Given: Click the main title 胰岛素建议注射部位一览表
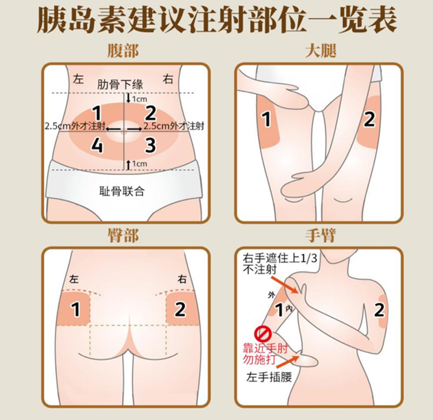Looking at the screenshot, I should click(x=216, y=21).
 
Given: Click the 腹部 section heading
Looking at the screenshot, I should click(x=123, y=52).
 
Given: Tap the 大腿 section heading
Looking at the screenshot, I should click(x=320, y=52).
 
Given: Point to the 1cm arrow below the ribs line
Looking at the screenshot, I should click(x=128, y=98).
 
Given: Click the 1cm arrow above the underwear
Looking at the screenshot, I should click(x=128, y=163).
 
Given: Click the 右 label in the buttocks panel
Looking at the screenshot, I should click(x=182, y=279).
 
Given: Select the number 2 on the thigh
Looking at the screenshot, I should click(x=369, y=119).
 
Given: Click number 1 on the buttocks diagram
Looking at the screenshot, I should click(x=76, y=309).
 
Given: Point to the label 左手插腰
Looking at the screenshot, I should click(x=264, y=377).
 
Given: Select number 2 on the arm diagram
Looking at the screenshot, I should click(x=379, y=310).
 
